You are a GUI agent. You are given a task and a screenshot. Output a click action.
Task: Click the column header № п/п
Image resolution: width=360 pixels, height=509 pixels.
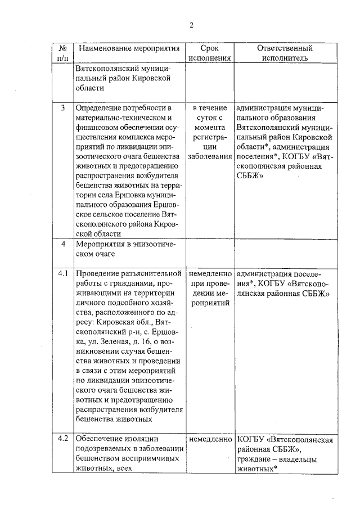tap(63, 53)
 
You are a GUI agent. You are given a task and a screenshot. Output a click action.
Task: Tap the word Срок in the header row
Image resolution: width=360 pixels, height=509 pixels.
tap(209, 48)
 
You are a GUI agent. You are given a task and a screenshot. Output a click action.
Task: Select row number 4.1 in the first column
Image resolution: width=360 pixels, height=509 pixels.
tap(63, 273)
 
